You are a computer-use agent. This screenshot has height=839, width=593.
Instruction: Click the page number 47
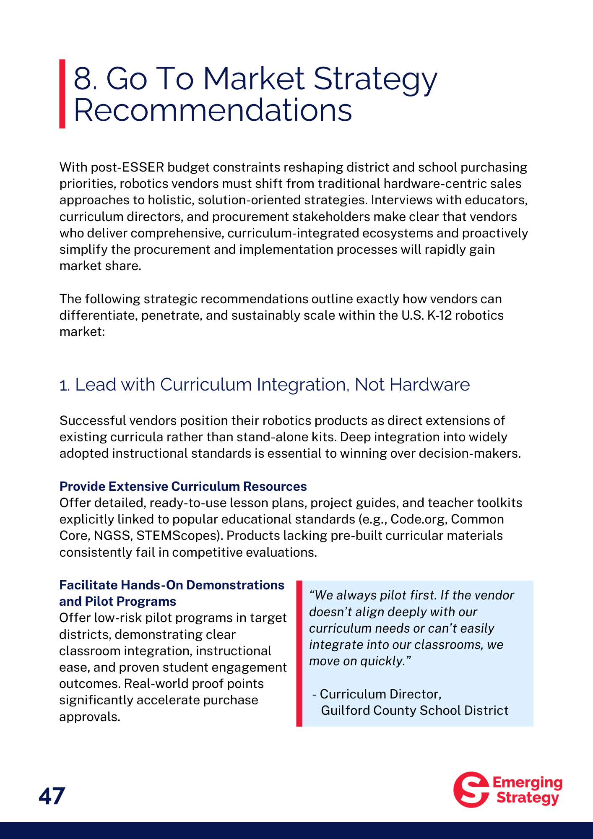pos(52,796)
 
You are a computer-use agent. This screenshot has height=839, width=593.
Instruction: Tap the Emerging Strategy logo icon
pos(471,789)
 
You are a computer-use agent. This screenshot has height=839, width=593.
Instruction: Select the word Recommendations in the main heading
pos(213,110)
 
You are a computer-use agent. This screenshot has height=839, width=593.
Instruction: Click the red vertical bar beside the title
pos(62,94)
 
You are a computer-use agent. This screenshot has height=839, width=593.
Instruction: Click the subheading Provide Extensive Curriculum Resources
pos(183,486)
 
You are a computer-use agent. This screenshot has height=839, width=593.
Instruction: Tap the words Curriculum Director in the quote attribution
pos(380,694)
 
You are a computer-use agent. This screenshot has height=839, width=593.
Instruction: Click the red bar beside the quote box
pos(299,653)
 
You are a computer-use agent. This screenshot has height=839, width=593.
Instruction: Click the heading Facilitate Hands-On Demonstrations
pos(172,585)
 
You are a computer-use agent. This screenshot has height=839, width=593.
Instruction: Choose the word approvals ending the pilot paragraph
pos(89,717)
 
